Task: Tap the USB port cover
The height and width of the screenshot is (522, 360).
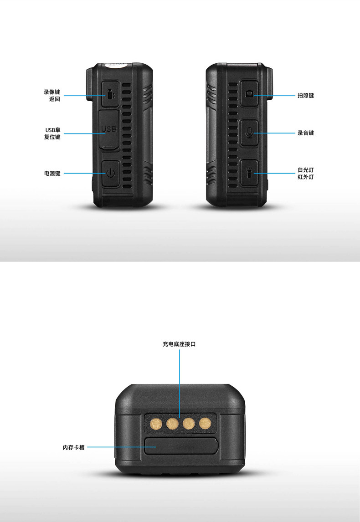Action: pos(109,130)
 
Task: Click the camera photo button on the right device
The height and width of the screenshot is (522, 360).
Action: pos(249,94)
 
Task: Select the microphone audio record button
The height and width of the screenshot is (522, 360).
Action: pos(249,133)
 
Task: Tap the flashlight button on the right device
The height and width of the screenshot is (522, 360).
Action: pos(249,173)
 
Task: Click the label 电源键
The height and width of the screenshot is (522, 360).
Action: pos(52,174)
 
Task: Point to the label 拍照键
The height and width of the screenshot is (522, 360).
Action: pos(305,96)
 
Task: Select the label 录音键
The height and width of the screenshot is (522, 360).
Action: pos(305,133)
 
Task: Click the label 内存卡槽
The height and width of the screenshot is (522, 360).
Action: pos(73,447)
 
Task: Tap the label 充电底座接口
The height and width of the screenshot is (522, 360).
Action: pos(179,344)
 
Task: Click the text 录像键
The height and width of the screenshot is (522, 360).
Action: pos(52,92)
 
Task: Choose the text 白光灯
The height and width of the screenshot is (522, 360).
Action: pos(305,170)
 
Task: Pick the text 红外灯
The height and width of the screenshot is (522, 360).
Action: pos(305,177)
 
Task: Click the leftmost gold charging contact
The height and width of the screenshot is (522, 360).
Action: pos(156,425)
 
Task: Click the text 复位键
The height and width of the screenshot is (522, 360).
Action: pos(52,137)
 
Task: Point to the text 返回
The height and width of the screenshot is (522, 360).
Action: pos(55,99)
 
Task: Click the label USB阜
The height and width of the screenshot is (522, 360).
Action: pos(52,130)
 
